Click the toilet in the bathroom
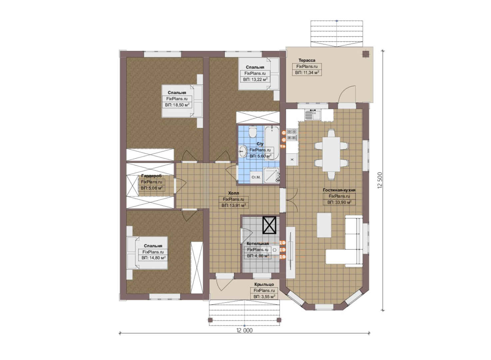[253, 132]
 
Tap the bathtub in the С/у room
[272, 143]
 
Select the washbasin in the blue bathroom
[243, 151]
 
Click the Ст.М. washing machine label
[256, 177]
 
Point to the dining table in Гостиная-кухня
[331, 154]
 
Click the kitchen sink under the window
[312, 115]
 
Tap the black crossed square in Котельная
[269, 225]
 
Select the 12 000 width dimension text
[245, 330]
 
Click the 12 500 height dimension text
[380, 180]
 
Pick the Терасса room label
[307, 60]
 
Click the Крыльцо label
[264, 284]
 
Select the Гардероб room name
[152, 176]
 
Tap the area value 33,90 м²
[339, 202]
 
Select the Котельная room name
[257, 244]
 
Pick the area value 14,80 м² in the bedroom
[154, 258]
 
